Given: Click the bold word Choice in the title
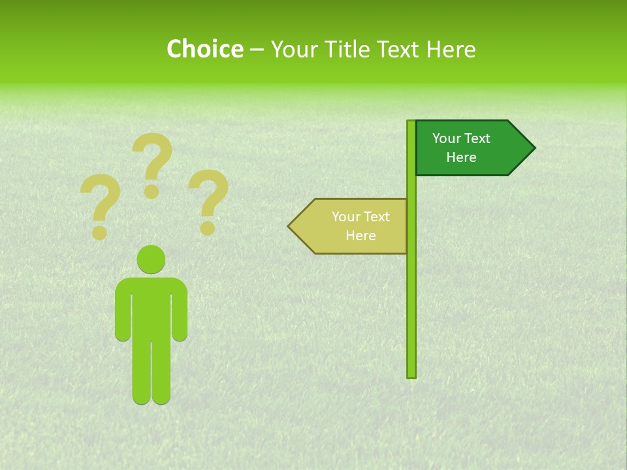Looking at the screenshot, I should tap(204, 50).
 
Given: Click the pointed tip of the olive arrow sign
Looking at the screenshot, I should tap(290, 227).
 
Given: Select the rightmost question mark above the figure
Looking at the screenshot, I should tap(208, 199).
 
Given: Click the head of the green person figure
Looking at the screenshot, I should tap(151, 259).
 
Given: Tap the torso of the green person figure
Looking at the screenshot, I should tap(151, 307).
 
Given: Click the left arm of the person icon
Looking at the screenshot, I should tap(122, 313).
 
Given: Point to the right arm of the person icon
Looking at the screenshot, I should tap(180, 313).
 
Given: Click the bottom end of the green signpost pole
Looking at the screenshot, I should tap(411, 374).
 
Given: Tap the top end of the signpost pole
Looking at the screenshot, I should tap(411, 123).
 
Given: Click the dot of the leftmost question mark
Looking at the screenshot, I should tap(100, 232).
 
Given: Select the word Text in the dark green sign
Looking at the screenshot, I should tap(476, 138).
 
